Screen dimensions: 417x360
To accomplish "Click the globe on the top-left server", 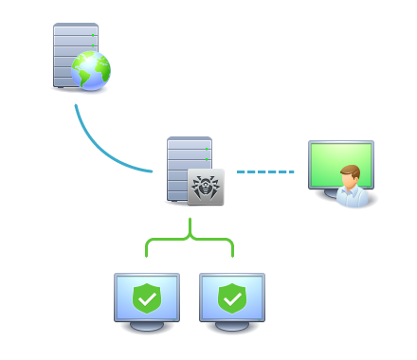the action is tap(91, 71).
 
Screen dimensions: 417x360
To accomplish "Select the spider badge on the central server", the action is tap(206, 188).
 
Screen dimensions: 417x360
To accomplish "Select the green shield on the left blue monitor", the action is tap(146, 298).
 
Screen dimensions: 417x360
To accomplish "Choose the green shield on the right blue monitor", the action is tap(232, 298).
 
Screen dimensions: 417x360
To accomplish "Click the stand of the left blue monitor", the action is tap(146, 326).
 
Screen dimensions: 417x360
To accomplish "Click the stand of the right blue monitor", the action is tap(232, 326).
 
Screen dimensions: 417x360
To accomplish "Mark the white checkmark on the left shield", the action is tap(146, 299).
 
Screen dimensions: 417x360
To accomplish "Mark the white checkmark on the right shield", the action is tap(232, 299).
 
